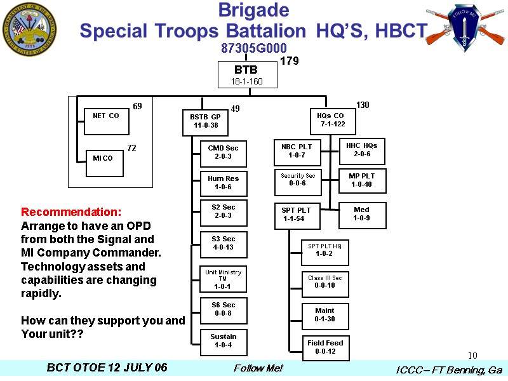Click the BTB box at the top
pyautogui.click(x=248, y=75)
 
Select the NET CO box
pyautogui.click(x=106, y=121)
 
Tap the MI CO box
pyautogui.click(x=104, y=163)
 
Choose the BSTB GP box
pyautogui.click(x=204, y=121)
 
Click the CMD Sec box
pyautogui.click(x=223, y=152)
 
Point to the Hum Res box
pyautogui.click(x=223, y=183)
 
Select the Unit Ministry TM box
pyautogui.click(x=223, y=279)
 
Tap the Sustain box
pyautogui.click(x=223, y=341)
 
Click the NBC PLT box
pyautogui.click(x=297, y=151)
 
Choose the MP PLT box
pyautogui.click(x=361, y=180)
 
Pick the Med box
pyautogui.click(x=361, y=214)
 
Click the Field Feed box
pyautogui.click(x=325, y=347)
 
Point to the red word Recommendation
pyautogui.click(x=71, y=211)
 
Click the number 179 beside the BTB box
pyautogui.click(x=290, y=62)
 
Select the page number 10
pyautogui.click(x=472, y=356)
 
